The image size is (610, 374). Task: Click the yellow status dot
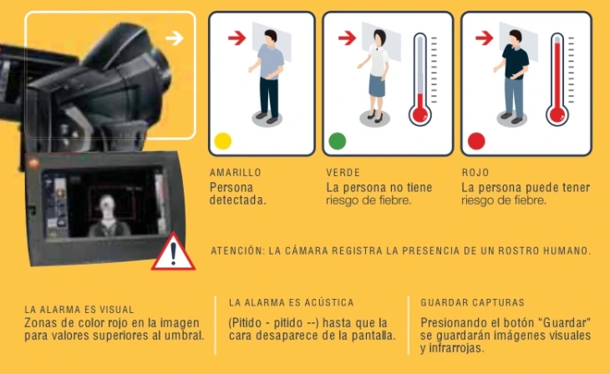tap(222, 141)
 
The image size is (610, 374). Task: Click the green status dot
tap(337, 141)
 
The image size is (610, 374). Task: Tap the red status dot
tap(476, 141)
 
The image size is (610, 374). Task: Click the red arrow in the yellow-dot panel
tap(237, 38)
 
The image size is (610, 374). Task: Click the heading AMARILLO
tap(235, 173)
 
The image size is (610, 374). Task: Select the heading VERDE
tap(343, 173)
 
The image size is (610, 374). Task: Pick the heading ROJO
tap(475, 173)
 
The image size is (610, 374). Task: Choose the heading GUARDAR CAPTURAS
tap(472, 302)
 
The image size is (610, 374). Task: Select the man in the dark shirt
tap(516, 75)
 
